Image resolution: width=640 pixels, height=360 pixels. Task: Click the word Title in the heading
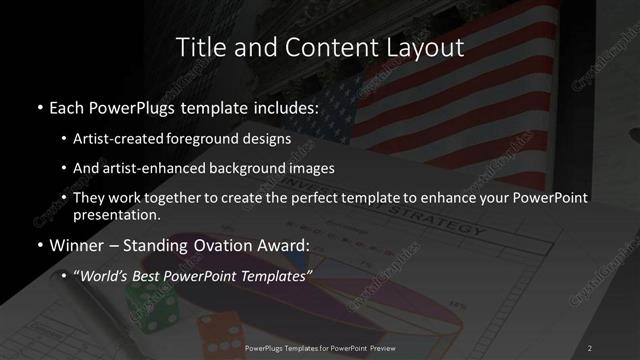199,46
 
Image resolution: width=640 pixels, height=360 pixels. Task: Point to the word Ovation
223,245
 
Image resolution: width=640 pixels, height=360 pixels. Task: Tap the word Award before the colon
283,245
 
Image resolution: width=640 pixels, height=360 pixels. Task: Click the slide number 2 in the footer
590,347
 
